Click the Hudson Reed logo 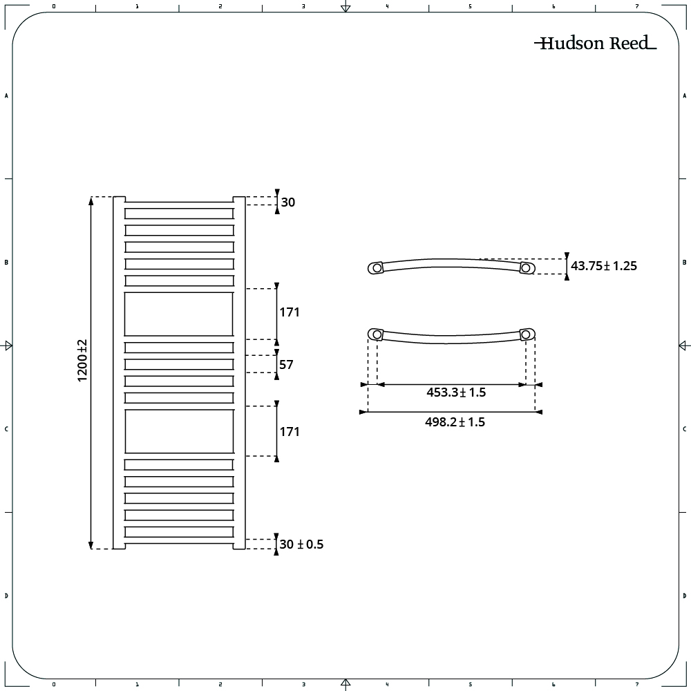pyautogui.click(x=596, y=43)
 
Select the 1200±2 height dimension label pyautogui.click(x=82, y=361)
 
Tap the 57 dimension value pyautogui.click(x=286, y=364)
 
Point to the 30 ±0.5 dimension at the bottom pyautogui.click(x=301, y=545)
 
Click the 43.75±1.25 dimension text pyautogui.click(x=604, y=266)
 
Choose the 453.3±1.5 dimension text pyautogui.click(x=456, y=392)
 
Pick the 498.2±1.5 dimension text pyautogui.click(x=455, y=422)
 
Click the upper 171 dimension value pyautogui.click(x=290, y=312)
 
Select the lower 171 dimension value pyautogui.click(x=290, y=431)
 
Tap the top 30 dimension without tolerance pyautogui.click(x=287, y=202)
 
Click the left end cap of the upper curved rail pyautogui.click(x=375, y=268)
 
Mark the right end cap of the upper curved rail pyautogui.click(x=527, y=267)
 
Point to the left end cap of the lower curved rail pyautogui.click(x=375, y=334)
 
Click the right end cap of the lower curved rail pyautogui.click(x=527, y=334)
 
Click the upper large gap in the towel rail pyautogui.click(x=178, y=314)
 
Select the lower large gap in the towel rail pyautogui.click(x=179, y=431)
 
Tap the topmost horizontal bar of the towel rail pyautogui.click(x=179, y=214)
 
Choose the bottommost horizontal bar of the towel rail pyautogui.click(x=179, y=532)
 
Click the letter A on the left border pyautogui.click(x=6, y=95)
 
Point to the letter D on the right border pyautogui.click(x=684, y=596)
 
